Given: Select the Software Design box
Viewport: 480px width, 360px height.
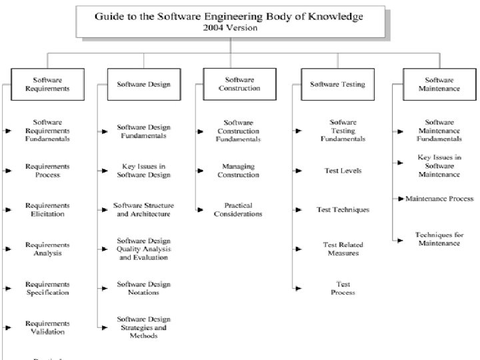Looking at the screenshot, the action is (x=143, y=85).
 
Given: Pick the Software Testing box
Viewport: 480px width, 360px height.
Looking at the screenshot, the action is (x=338, y=85).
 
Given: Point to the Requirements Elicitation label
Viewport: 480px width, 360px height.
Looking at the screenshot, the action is (x=47, y=210).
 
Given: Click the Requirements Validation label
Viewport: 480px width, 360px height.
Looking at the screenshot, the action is (x=47, y=327).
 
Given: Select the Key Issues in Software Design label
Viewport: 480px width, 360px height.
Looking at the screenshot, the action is (x=143, y=171).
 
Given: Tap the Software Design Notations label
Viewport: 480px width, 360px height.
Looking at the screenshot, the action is (x=143, y=288).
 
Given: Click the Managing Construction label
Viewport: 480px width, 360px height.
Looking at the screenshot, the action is (x=238, y=171).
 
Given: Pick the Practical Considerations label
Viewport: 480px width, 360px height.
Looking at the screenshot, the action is (x=238, y=210).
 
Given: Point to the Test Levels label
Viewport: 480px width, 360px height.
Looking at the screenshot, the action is (x=343, y=171).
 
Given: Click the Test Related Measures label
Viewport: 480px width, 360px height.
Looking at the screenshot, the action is (x=343, y=249).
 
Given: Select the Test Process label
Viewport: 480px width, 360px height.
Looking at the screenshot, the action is (x=343, y=288).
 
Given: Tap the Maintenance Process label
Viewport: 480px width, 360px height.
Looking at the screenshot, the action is (x=439, y=199).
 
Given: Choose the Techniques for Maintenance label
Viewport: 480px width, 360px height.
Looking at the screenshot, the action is (x=439, y=239).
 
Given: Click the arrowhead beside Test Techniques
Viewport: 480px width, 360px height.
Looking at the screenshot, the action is (x=297, y=211).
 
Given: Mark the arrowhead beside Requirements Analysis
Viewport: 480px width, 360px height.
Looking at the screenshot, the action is (x=8, y=249).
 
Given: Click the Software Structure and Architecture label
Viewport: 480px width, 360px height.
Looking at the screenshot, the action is (x=143, y=210).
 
